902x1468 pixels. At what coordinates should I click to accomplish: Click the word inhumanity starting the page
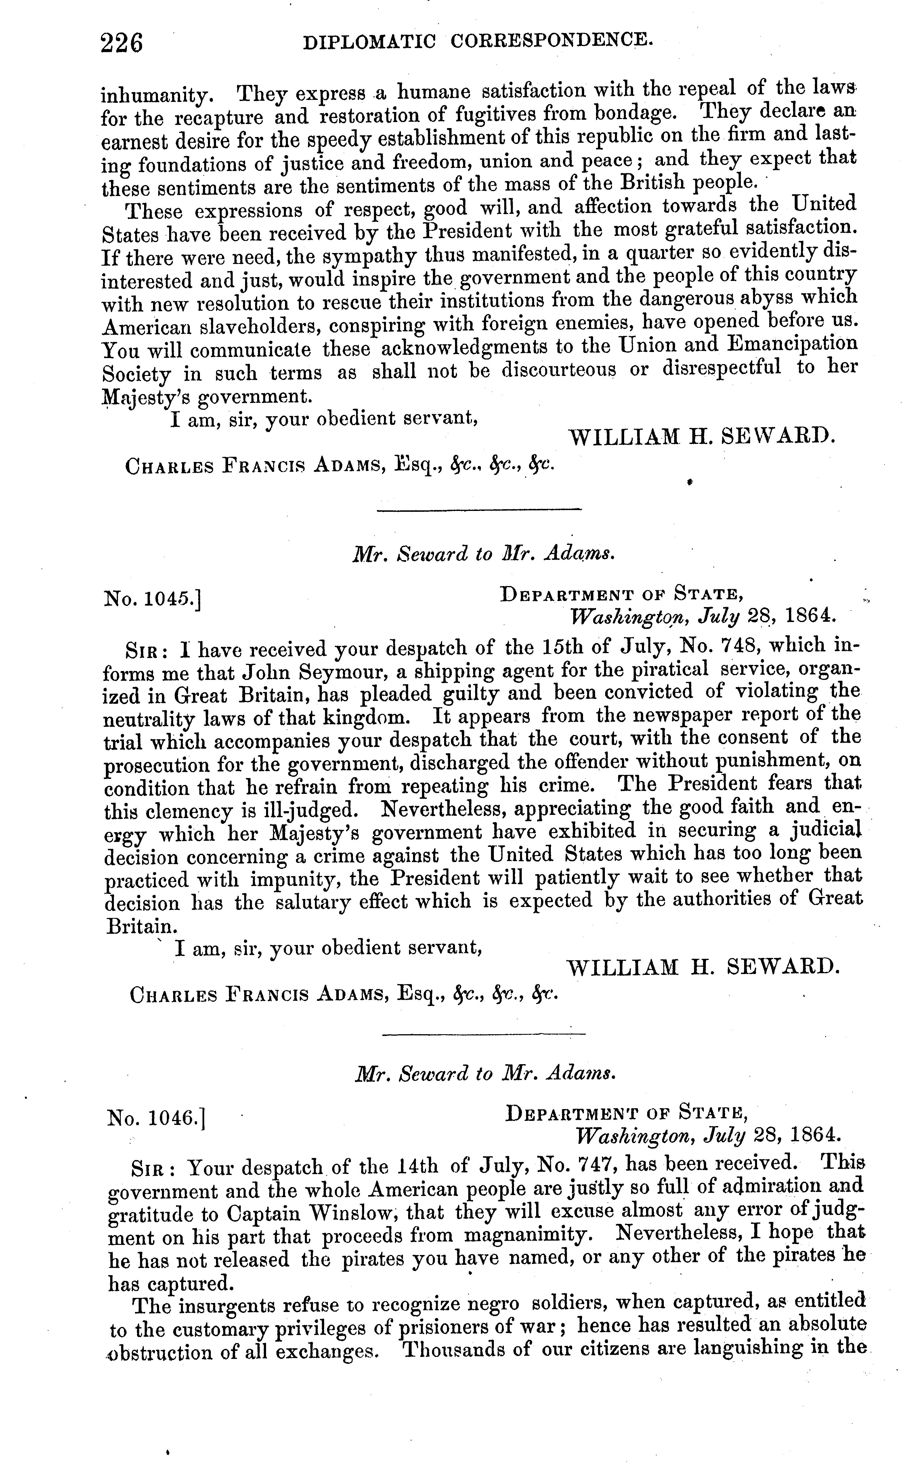pyautogui.click(x=155, y=96)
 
